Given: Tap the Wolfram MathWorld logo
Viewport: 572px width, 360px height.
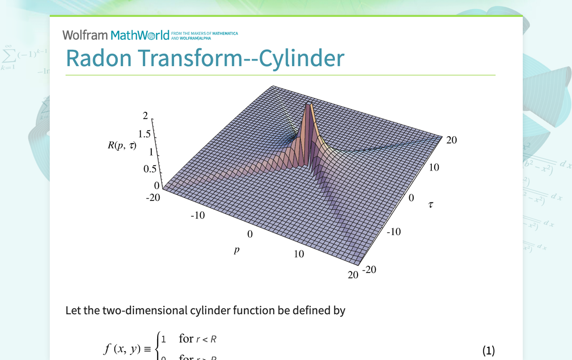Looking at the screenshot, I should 116,35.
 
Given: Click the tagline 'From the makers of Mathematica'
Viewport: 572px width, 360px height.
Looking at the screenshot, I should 204,33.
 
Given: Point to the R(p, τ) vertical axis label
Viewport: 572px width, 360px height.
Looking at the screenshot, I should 122,146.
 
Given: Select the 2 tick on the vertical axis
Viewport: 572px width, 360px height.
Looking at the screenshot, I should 145,116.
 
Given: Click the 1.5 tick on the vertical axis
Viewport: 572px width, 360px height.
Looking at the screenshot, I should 145,134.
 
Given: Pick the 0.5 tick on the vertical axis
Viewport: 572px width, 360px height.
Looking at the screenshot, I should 150,169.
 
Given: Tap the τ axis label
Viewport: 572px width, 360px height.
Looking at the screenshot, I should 431,204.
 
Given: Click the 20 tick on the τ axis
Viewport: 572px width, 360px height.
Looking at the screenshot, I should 451,140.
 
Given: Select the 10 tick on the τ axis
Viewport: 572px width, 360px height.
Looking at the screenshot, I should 434,168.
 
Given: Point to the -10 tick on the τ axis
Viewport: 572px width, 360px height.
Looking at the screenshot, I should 393,232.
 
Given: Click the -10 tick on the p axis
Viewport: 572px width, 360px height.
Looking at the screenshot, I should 197,215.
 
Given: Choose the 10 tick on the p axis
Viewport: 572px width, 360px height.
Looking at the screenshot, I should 298,254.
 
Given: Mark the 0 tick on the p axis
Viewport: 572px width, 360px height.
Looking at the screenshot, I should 250,234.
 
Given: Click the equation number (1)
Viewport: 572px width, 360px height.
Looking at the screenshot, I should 488,351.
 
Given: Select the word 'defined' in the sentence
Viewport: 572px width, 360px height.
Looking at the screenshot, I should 311,311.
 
